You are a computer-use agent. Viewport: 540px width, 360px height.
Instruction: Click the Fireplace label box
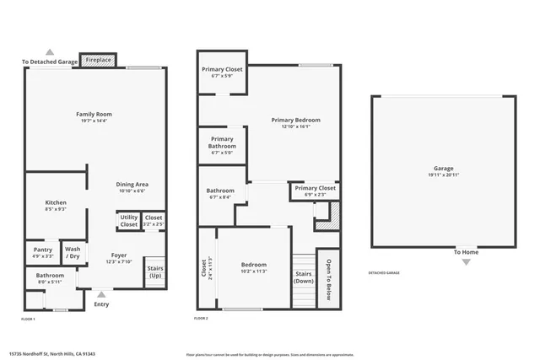97,61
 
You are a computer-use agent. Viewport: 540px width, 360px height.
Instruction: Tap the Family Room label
94,114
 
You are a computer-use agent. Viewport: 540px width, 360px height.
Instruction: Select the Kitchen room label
56,202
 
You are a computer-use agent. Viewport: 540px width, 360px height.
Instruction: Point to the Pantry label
43,250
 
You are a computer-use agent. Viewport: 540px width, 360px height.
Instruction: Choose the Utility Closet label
128,222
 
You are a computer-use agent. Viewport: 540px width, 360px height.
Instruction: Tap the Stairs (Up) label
155,271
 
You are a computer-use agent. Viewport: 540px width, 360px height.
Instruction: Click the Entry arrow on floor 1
101,294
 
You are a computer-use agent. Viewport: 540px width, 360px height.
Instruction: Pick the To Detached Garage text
50,62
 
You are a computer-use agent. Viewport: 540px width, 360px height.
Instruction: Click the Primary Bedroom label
295,121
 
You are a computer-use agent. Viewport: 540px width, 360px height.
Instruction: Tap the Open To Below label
327,275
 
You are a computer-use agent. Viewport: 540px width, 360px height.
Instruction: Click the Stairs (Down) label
303,277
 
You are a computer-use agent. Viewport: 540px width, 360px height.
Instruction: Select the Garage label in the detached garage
443,169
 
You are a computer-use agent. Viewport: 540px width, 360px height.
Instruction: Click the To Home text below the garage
466,252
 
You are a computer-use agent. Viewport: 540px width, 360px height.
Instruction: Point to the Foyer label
119,255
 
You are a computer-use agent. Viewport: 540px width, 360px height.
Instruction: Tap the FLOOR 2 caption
201,318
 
